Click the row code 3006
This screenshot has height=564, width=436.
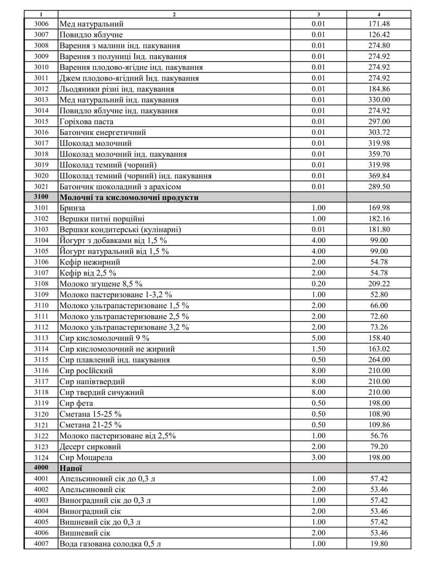pyautogui.click(x=41, y=24)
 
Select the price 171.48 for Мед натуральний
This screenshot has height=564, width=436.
pyautogui.click(x=379, y=24)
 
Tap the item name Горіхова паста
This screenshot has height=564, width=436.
pyautogui.click(x=86, y=122)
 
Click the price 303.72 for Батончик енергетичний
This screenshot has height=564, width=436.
pyautogui.click(x=379, y=132)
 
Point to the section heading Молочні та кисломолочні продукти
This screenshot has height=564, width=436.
pyautogui.click(x=129, y=197)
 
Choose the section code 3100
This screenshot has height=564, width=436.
pyautogui.click(x=41, y=197)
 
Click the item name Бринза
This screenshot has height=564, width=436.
pyautogui.click(x=72, y=208)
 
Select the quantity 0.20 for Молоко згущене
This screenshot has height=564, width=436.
pyautogui.click(x=318, y=284)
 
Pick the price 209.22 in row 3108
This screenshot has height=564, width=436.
pyautogui.click(x=379, y=284)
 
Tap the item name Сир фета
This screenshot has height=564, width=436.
pyautogui.click(x=76, y=403)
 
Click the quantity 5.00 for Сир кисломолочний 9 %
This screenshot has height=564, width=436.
pyautogui.click(x=318, y=338)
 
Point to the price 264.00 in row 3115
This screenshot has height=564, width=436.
pyautogui.click(x=379, y=360)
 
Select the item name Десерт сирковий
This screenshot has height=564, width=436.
pyautogui.click(x=90, y=446)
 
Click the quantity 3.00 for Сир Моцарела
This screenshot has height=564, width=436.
pyautogui.click(x=318, y=457)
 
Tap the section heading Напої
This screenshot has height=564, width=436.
pyautogui.click(x=71, y=468)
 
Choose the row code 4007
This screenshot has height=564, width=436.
pyautogui.click(x=41, y=543)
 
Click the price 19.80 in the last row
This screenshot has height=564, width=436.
pyautogui.click(x=379, y=543)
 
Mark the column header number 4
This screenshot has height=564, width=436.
pyautogui.click(x=379, y=15)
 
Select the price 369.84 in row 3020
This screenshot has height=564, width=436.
pyautogui.click(x=379, y=176)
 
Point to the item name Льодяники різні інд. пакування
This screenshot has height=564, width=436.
pyautogui.click(x=119, y=89)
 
